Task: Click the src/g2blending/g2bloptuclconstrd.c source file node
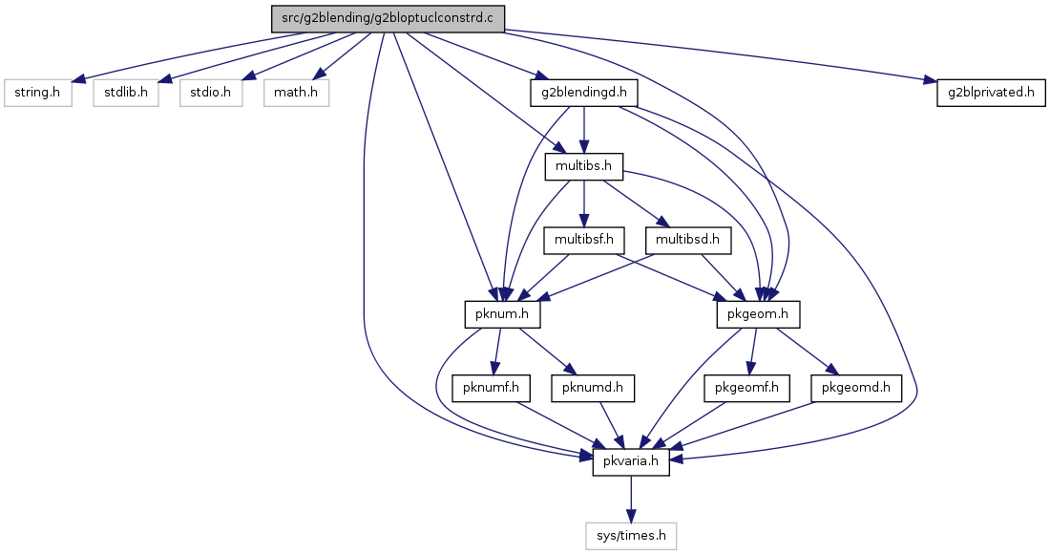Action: point(388,19)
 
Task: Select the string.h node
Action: point(37,93)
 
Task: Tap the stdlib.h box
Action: point(126,93)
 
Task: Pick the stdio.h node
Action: point(210,93)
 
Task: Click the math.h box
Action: point(296,93)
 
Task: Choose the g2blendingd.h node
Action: point(584,93)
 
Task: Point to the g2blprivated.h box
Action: point(991,93)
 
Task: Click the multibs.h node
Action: point(584,166)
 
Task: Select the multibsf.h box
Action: point(584,240)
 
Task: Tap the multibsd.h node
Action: point(687,240)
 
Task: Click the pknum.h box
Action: point(502,313)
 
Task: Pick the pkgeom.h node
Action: point(758,313)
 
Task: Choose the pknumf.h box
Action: point(492,388)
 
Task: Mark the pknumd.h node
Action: point(593,388)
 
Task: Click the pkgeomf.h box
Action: point(746,388)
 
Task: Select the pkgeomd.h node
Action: point(856,388)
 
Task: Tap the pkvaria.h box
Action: point(631,461)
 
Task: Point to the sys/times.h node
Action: point(631,536)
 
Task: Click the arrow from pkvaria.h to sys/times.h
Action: point(631,499)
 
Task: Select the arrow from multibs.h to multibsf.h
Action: point(584,203)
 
